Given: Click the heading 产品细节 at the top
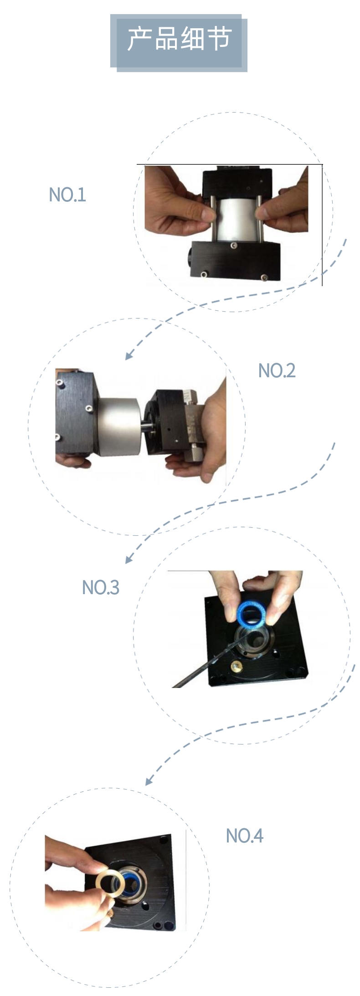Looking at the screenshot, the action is [179, 39].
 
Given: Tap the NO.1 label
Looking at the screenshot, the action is [67, 195].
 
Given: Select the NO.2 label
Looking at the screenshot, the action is [277, 370].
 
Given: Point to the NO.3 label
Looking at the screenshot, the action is [100, 587].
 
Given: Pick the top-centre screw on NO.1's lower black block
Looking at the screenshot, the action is [234, 246].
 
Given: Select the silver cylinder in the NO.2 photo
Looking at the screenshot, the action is [117, 426].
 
